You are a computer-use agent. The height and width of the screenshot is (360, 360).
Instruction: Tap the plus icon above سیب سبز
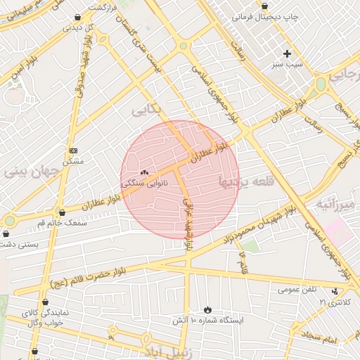pos(286,53)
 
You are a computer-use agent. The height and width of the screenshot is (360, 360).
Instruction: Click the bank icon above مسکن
pos(73,150)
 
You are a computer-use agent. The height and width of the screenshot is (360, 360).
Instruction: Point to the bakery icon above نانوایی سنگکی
pos(145,172)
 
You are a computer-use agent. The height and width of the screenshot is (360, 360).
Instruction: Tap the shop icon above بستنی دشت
pos(9,234)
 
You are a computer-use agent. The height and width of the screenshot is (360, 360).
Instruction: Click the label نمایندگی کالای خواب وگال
pos(45,317)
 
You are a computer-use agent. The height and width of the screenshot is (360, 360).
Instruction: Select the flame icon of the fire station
pos(207,309)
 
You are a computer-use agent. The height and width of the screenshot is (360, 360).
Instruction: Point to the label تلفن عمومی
pos(297,289)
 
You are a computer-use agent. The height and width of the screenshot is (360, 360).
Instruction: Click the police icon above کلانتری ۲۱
pos(335,291)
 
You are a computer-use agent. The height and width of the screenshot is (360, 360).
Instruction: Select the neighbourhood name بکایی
pos(146,110)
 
